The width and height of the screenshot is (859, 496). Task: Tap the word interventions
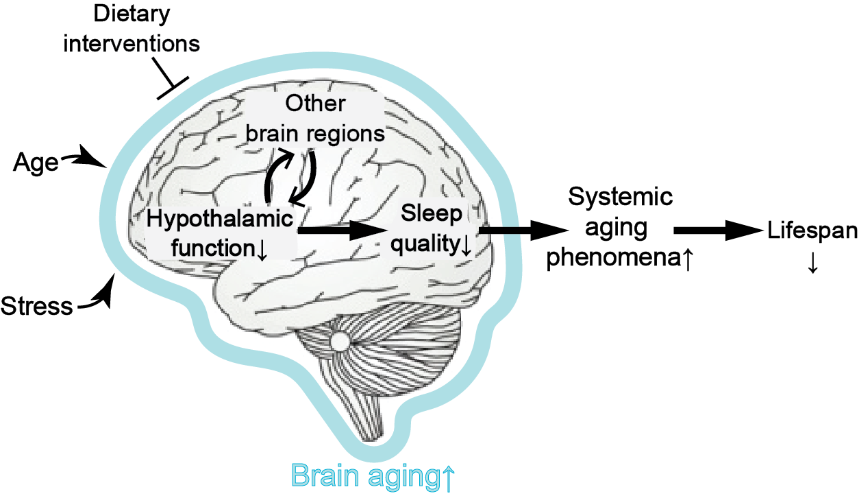(132, 43)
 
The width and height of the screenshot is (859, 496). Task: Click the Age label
(36, 163)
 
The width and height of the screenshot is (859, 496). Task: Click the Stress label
(37, 305)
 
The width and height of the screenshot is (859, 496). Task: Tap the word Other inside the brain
(315, 104)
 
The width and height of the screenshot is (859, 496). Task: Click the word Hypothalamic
(220, 220)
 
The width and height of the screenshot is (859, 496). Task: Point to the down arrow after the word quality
(466, 246)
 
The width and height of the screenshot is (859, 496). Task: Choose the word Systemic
(621, 198)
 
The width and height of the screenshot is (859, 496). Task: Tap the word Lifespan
(812, 231)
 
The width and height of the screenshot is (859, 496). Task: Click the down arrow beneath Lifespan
(812, 264)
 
